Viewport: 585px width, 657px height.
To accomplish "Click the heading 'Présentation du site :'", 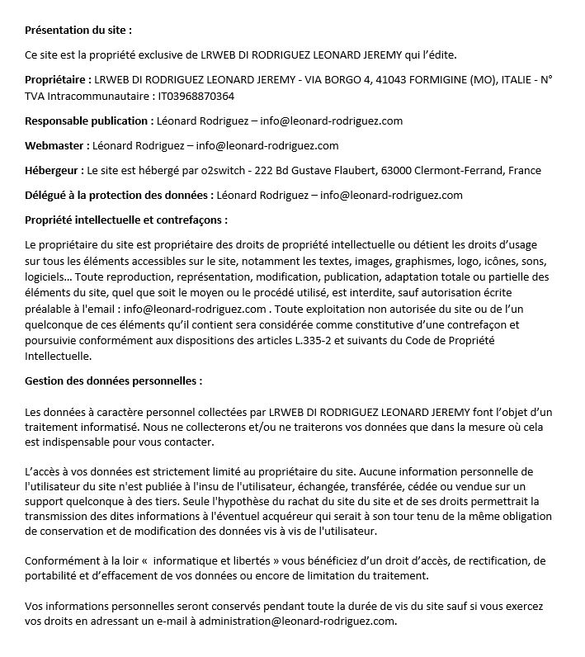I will pos(78,31).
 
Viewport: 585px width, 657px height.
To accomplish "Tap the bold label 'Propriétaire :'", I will pos(58,80).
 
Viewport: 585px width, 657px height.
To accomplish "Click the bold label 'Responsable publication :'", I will pos(88,121).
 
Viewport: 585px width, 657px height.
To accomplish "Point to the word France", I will pos(526,171).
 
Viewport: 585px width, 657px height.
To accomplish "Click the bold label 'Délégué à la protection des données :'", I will pos(119,196).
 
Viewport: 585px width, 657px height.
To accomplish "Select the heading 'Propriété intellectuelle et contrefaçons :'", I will pos(126,220).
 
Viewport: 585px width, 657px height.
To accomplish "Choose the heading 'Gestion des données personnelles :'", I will pos(113,381).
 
